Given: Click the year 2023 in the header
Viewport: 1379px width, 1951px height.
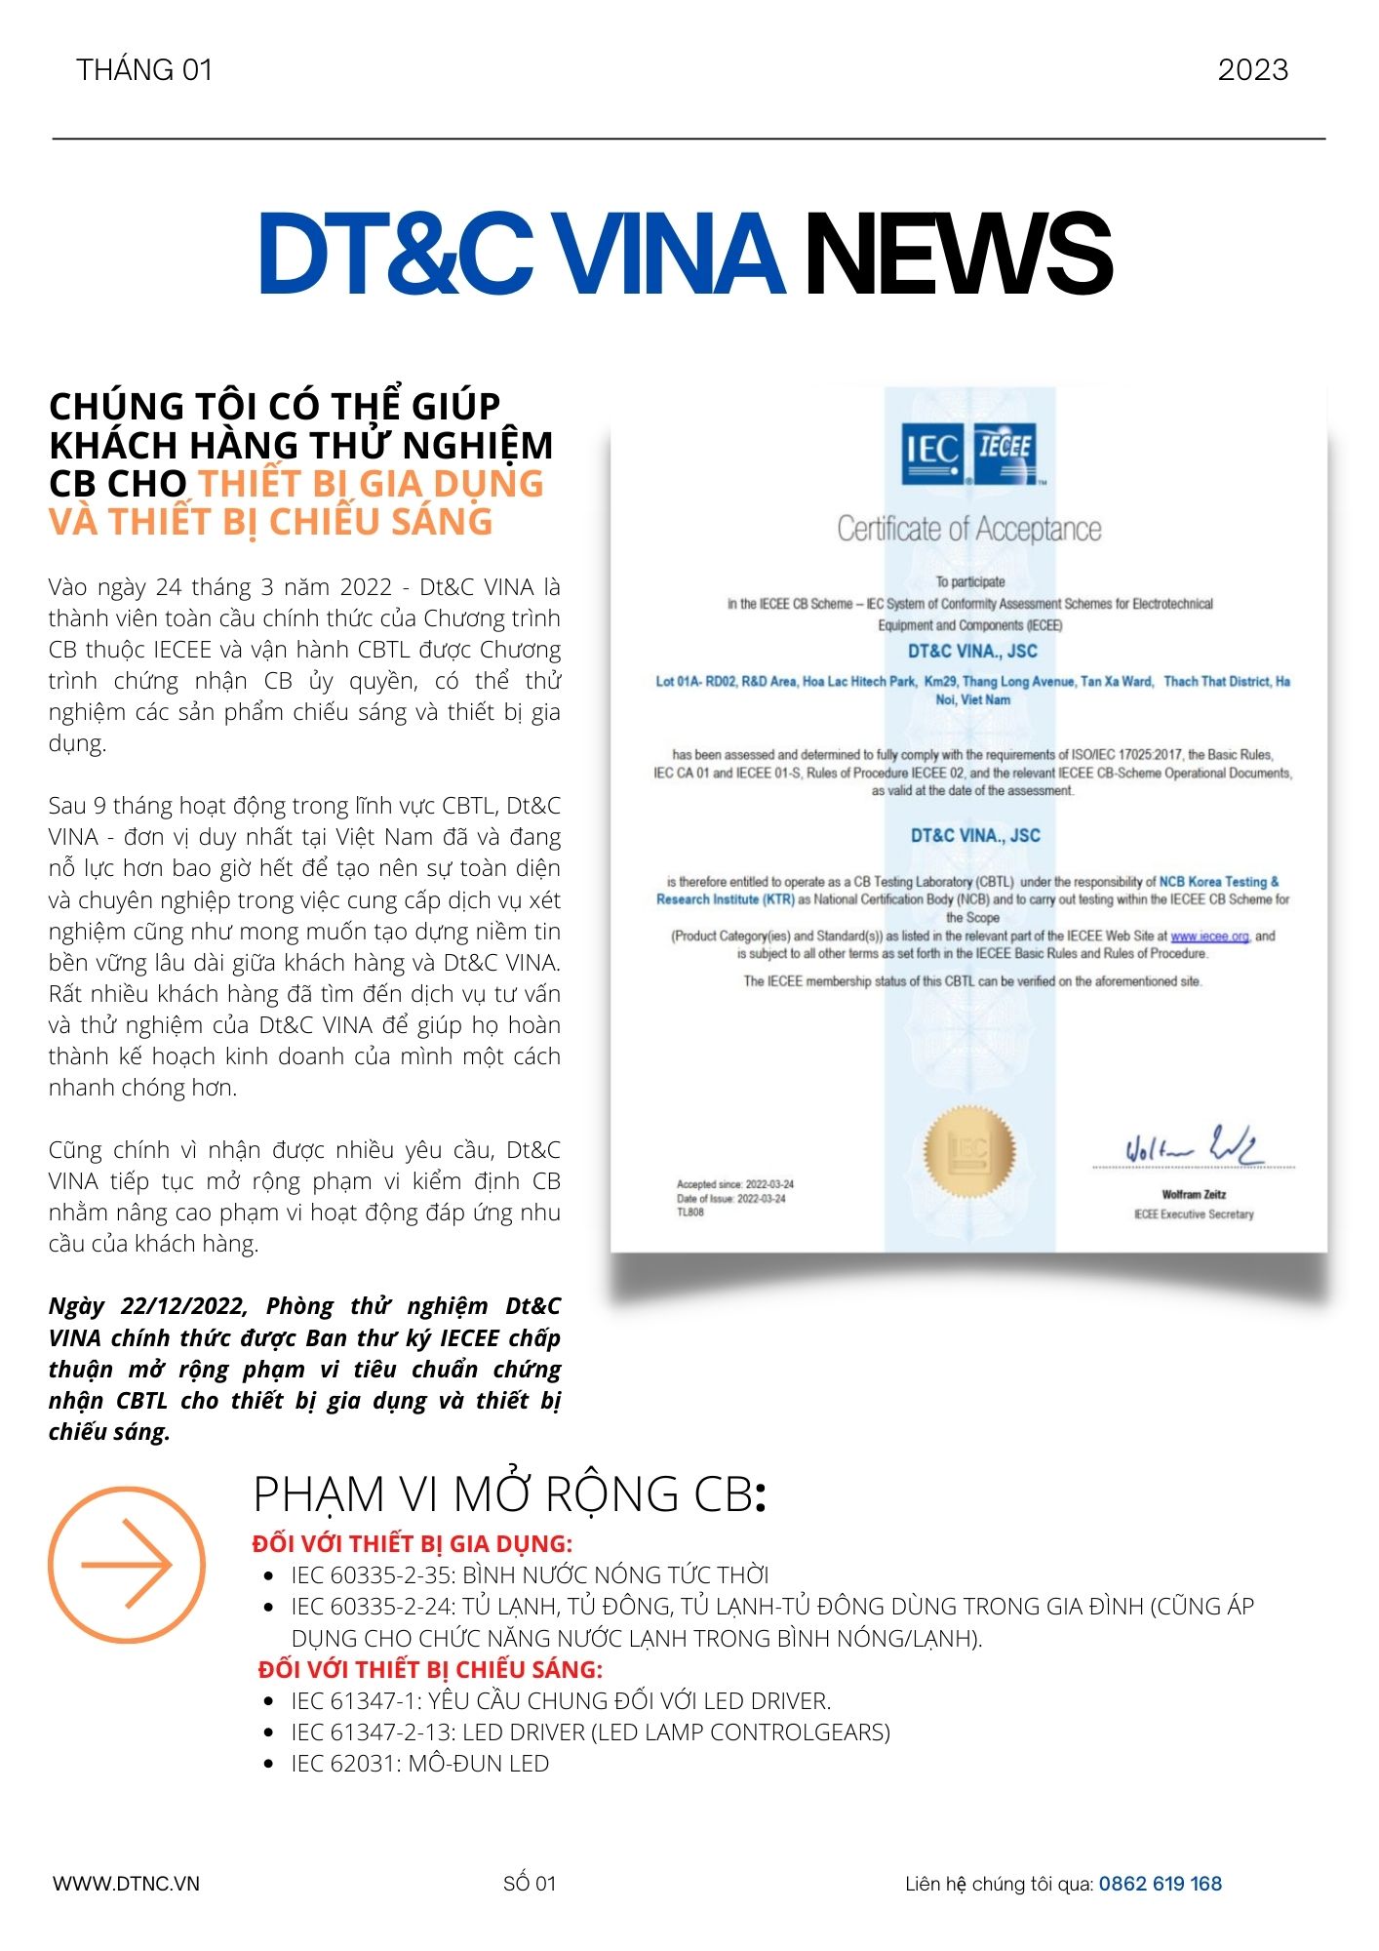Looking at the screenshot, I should click(1252, 70).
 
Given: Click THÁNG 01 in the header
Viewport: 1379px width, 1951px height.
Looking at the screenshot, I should click(144, 70).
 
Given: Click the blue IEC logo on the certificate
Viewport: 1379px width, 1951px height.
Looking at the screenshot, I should click(932, 453).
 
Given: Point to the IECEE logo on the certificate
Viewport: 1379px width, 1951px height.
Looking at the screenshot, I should click(1005, 453).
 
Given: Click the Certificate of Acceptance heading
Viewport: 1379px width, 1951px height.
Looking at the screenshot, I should click(969, 530).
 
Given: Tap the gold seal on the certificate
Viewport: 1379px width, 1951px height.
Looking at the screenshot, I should click(969, 1151).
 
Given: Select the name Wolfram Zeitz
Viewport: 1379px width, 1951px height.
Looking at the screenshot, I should click(1194, 1194).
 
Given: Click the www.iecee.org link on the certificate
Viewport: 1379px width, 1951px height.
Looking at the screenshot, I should click(1209, 936).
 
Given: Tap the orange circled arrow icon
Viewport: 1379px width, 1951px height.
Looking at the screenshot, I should click(127, 1565).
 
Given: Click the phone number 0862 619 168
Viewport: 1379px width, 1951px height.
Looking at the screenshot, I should click(1160, 1884).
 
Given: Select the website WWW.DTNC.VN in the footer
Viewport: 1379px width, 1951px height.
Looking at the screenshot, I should click(126, 1884).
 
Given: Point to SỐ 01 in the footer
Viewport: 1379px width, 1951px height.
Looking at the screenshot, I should click(530, 1884).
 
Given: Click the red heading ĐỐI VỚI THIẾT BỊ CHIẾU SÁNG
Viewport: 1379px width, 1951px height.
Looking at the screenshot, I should click(430, 1669).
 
